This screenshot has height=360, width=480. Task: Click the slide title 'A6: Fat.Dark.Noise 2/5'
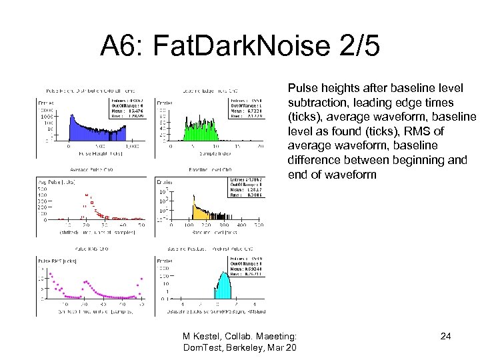240,46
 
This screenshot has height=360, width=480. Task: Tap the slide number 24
445,336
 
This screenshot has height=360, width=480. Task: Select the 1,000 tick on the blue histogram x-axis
131,146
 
